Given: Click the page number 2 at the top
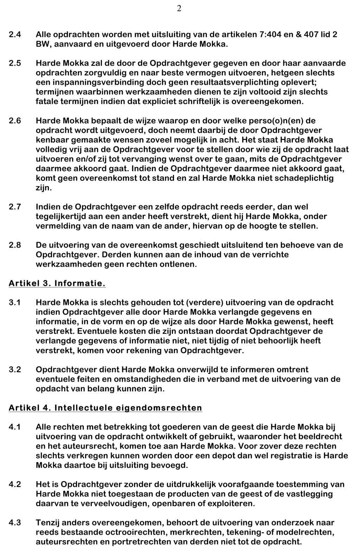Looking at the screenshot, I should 179,9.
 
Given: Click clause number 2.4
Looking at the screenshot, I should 15,35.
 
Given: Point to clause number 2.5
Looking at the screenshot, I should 15,64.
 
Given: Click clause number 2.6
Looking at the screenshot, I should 15,121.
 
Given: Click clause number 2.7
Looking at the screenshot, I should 15,207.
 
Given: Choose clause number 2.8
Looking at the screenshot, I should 15,245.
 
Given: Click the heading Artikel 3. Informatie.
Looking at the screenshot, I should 57,283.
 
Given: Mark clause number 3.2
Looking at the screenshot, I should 15,370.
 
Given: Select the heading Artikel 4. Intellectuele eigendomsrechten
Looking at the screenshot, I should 105,408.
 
